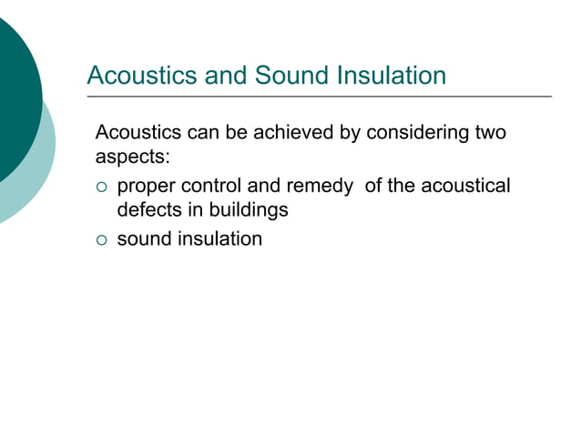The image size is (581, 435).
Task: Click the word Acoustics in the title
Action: click(135, 75)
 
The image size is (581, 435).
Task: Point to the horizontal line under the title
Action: click(319, 96)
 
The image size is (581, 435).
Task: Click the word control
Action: click(212, 187)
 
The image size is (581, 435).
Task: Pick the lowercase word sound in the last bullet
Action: click(143, 239)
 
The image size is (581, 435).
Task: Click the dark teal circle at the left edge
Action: click(14, 100)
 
